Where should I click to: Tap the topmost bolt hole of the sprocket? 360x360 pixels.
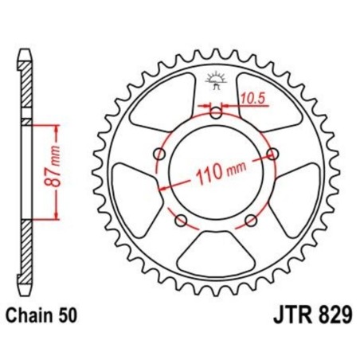(x=217, y=112)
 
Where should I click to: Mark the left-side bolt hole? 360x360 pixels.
(x=160, y=153)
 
